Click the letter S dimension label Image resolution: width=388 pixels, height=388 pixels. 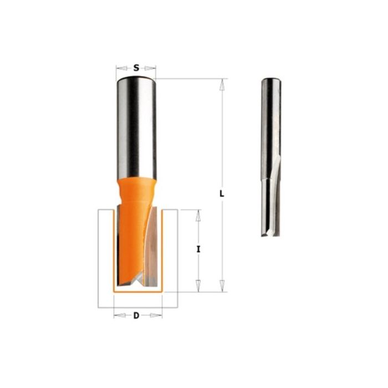tap(136, 68)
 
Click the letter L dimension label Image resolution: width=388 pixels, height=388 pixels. tap(222, 193)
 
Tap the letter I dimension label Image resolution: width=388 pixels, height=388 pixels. tap(198, 249)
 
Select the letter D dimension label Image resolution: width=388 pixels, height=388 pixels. tap(136, 316)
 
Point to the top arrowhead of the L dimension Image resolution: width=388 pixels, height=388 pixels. tap(222, 85)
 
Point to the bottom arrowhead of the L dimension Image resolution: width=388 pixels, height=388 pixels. tap(222, 286)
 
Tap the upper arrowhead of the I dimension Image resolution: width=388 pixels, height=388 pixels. tap(198, 215)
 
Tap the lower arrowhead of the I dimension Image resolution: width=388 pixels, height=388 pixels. tap(198, 286)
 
